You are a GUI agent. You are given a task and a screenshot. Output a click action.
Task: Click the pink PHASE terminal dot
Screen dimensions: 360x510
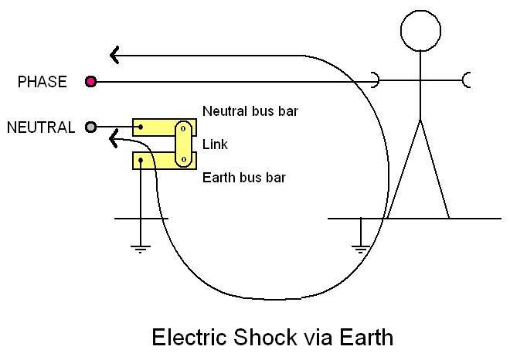coord(91,81)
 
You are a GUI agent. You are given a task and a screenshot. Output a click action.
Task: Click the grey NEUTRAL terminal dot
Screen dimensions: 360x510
coord(91,127)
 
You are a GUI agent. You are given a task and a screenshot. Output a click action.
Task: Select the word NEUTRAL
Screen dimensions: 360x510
coord(41,127)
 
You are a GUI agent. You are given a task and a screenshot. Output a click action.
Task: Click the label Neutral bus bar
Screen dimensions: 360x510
coord(250,111)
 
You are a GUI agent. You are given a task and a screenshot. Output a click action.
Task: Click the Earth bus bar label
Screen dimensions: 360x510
coord(244,178)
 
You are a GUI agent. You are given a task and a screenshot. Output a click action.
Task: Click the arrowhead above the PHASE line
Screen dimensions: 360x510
coord(114,56)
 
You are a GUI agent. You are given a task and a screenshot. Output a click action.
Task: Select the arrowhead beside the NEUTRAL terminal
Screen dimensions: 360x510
coord(115,140)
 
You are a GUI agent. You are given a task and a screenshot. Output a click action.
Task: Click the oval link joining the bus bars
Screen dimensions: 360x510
coord(184,144)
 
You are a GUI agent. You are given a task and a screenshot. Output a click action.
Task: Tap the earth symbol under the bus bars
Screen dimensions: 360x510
coord(140,249)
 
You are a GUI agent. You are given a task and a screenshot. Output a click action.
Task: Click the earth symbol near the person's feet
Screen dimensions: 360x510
coord(360,249)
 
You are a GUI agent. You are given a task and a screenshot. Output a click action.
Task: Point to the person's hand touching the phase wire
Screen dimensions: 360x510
coord(375,80)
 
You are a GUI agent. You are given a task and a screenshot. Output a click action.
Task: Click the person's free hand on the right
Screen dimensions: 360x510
coord(466,80)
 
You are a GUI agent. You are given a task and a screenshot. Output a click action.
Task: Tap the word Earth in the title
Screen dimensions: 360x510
coord(364,338)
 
